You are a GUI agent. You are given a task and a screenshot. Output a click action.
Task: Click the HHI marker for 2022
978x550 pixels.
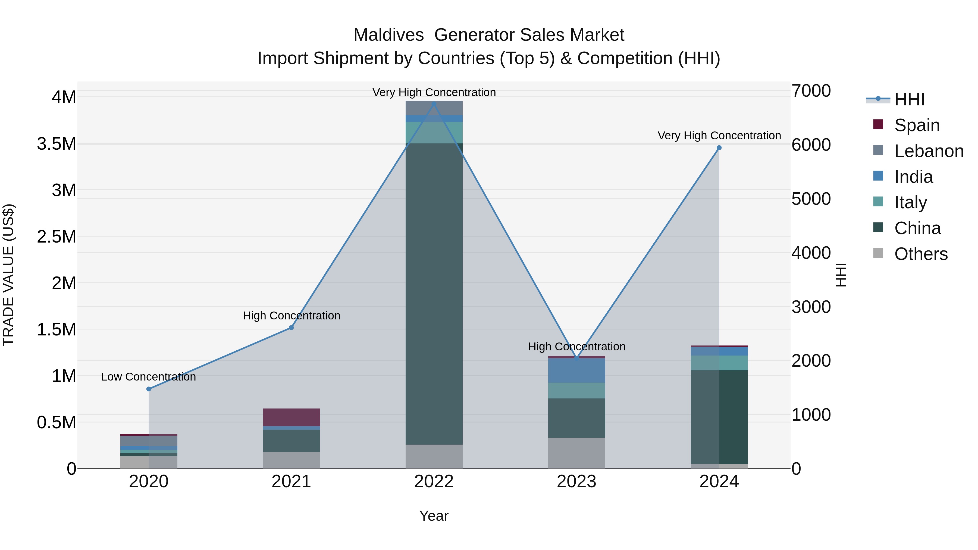tap(434, 104)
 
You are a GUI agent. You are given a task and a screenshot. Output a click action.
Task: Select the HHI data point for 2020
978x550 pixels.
tap(149, 389)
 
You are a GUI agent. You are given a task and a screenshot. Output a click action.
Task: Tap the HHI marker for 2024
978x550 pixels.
tap(719, 148)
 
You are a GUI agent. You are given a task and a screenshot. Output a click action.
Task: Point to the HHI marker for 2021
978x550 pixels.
tap(291, 328)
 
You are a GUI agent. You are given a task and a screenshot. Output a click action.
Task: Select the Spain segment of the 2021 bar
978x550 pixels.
tap(291, 417)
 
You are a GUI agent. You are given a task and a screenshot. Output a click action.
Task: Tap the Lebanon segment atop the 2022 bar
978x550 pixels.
tap(434, 108)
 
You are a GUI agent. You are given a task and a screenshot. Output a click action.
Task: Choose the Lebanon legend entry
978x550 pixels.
tap(928, 151)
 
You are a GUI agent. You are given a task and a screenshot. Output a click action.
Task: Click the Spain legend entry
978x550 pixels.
tap(917, 125)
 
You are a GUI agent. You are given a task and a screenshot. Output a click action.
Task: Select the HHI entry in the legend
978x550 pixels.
tap(909, 99)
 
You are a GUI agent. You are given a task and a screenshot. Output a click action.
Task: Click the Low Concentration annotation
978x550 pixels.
tap(148, 377)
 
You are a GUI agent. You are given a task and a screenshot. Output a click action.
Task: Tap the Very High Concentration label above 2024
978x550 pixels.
tap(719, 136)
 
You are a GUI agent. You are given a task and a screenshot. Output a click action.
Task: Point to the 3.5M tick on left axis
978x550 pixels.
tap(57, 144)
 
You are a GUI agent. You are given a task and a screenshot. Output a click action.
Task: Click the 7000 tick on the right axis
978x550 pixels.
tap(811, 91)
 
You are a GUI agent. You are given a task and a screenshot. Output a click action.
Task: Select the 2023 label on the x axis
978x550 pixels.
tap(576, 482)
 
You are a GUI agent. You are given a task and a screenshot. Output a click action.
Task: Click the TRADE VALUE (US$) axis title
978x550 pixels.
tap(8, 275)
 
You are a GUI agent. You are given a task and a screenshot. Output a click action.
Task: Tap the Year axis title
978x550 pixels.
tap(434, 516)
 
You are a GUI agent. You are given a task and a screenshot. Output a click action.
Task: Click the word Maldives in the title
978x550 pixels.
tap(388, 35)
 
